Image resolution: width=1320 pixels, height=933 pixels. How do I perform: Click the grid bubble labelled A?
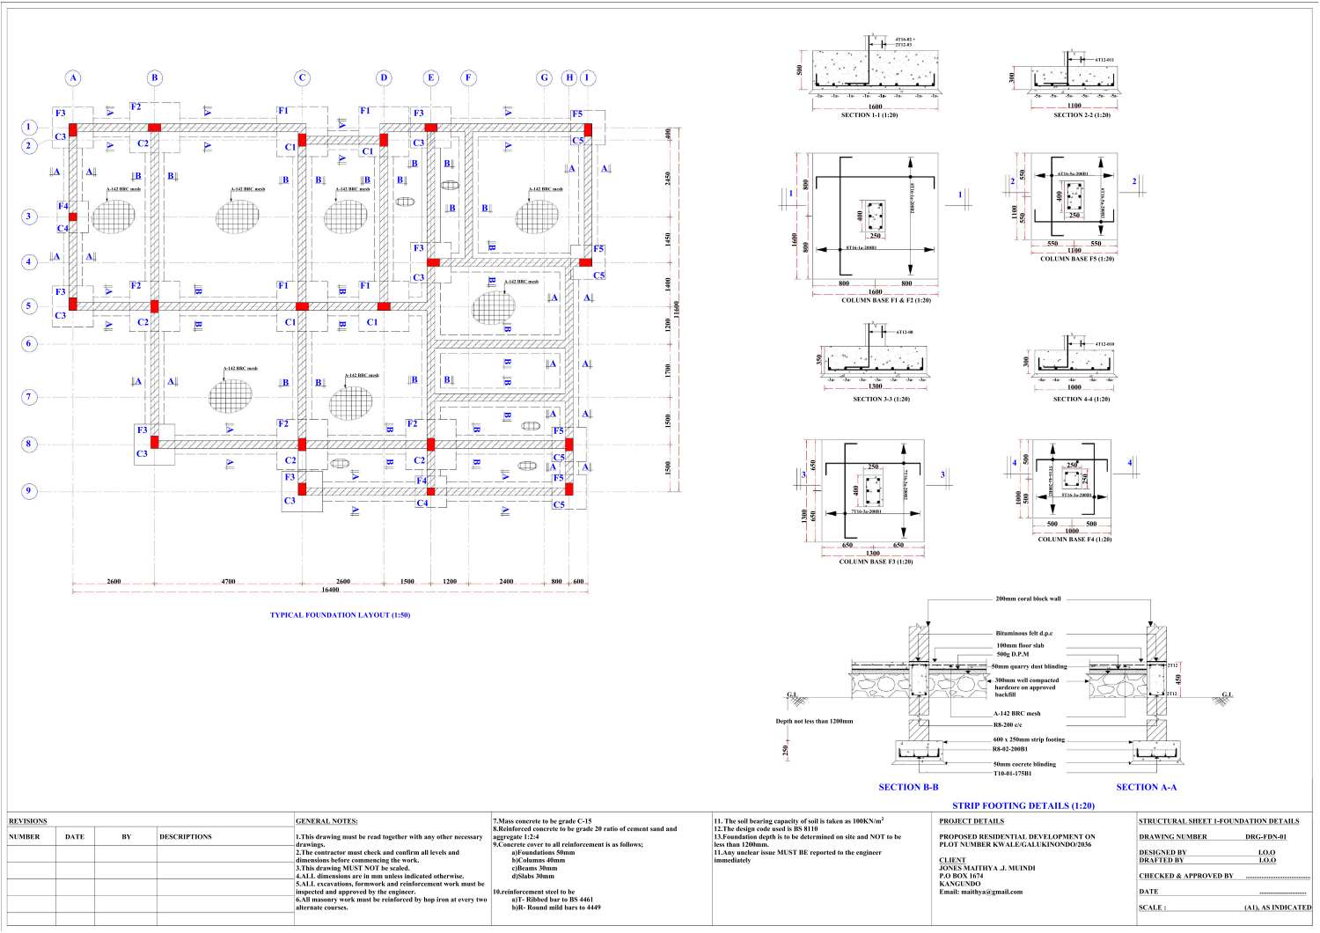pyautogui.click(x=73, y=77)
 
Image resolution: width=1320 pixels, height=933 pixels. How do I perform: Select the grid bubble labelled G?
pyautogui.click(x=544, y=77)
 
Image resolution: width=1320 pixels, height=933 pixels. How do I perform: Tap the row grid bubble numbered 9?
pyautogui.click(x=29, y=491)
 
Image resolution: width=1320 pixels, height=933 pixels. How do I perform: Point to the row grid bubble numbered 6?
pyautogui.click(x=29, y=343)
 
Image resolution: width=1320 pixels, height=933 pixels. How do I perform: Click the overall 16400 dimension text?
pyautogui.click(x=330, y=590)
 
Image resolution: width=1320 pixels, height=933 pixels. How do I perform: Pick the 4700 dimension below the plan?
pyautogui.click(x=228, y=581)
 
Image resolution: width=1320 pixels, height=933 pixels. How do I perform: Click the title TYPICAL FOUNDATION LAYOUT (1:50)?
pyautogui.click(x=340, y=615)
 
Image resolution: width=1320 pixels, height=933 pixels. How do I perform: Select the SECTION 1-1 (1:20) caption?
pyautogui.click(x=869, y=115)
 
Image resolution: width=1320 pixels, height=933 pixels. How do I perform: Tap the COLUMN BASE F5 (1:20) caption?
pyautogui.click(x=1077, y=259)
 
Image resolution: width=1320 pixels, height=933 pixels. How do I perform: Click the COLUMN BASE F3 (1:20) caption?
pyautogui.click(x=876, y=562)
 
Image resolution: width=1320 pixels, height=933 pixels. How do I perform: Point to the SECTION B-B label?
pyautogui.click(x=908, y=787)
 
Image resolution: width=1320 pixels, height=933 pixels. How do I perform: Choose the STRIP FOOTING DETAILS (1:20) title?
pyautogui.click(x=1023, y=805)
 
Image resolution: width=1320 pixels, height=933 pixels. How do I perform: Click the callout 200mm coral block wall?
pyautogui.click(x=1028, y=599)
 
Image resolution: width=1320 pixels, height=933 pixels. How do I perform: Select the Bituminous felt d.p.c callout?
pyautogui.click(x=1023, y=633)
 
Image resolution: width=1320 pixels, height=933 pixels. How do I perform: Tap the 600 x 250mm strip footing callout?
pyautogui.click(x=1029, y=739)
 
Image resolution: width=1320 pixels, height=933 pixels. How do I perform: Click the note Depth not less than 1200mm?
pyautogui.click(x=814, y=721)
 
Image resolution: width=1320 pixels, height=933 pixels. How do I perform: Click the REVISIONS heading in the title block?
pyautogui.click(x=28, y=821)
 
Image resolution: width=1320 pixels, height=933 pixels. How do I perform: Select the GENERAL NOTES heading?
pyautogui.click(x=326, y=821)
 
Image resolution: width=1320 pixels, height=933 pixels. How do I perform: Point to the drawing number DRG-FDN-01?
pyautogui.click(x=1265, y=837)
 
